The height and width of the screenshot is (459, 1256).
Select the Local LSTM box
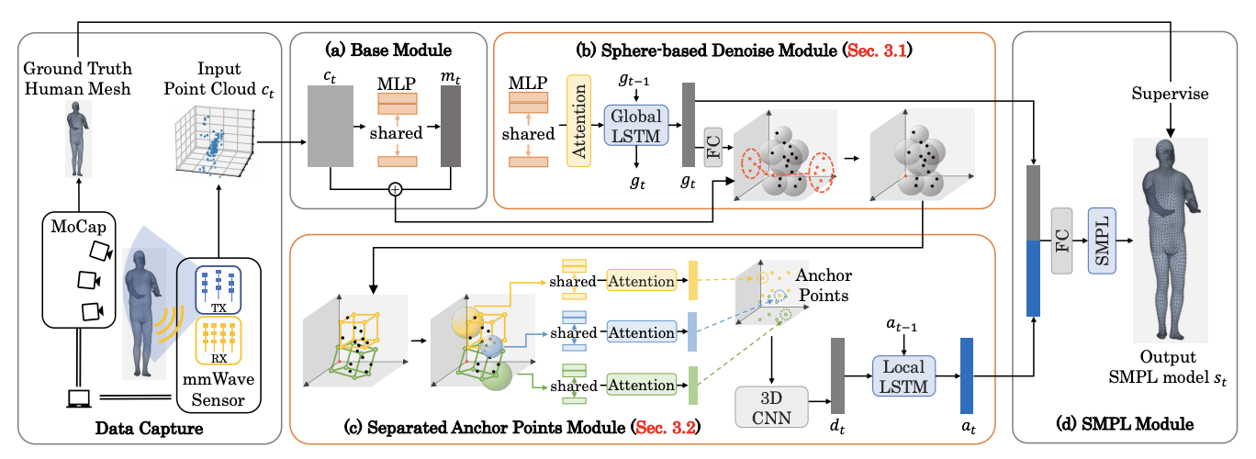(x=905, y=376)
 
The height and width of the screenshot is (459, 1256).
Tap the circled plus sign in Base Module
(x=396, y=189)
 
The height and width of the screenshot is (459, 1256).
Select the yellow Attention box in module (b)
(x=578, y=121)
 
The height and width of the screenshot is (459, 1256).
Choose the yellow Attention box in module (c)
(x=641, y=281)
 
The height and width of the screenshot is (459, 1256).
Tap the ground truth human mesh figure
(x=79, y=137)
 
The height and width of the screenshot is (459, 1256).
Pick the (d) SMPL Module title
(x=1132, y=423)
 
